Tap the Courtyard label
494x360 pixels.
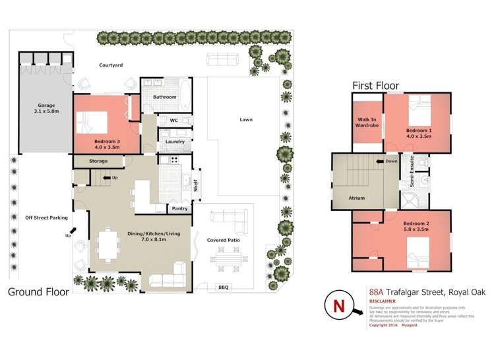click(x=111, y=65)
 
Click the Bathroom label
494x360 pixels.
click(x=165, y=97)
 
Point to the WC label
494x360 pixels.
click(x=174, y=121)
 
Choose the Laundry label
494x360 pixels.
click(x=175, y=141)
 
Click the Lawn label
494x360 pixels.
click(x=246, y=119)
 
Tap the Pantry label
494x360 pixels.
click(x=179, y=208)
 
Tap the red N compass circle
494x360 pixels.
click(x=340, y=307)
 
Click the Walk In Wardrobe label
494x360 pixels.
click(x=367, y=122)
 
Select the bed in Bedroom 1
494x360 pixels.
click(x=418, y=109)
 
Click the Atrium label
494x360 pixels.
click(x=357, y=197)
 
